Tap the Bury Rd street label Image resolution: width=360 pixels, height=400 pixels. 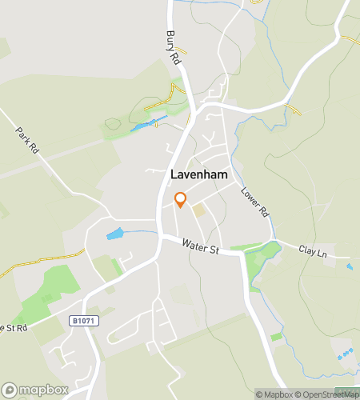point(172,48)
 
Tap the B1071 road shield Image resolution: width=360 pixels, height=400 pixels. point(80,321)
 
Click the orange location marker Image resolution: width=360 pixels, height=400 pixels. point(180,199)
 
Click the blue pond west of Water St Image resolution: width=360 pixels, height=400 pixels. point(115,234)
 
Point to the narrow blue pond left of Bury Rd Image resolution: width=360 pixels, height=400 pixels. point(149,124)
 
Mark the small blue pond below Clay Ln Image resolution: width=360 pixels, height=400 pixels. point(349,266)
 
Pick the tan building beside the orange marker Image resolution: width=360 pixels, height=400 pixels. point(198,210)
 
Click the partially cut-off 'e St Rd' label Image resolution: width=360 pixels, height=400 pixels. point(14,328)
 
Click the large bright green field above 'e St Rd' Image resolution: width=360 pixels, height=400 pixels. point(48,292)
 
